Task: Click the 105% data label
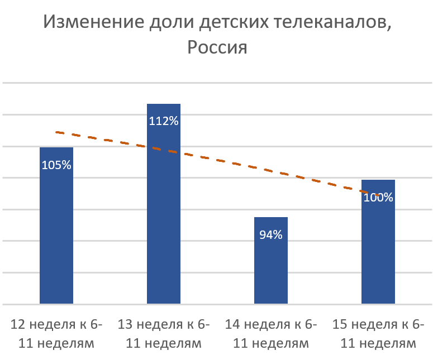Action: (56, 165)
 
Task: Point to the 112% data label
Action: (164, 121)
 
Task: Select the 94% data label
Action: (271, 235)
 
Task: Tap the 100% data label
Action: (378, 197)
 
